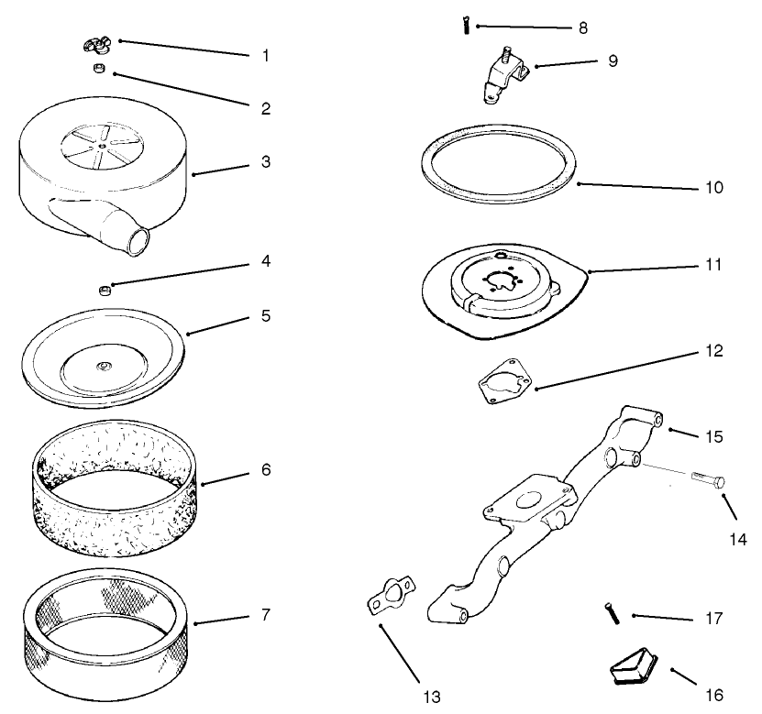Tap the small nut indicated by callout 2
tap(100, 69)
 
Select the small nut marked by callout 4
tap(105, 291)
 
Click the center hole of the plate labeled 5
tap(103, 366)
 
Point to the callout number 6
tap(266, 469)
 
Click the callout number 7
tap(265, 614)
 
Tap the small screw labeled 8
tap(466, 25)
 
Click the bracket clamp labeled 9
tap(505, 74)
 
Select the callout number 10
tap(714, 188)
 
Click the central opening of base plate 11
tap(501, 282)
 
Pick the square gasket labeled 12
tap(504, 381)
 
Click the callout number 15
tap(714, 436)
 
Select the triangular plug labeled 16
tap(635, 666)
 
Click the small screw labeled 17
tap(613, 613)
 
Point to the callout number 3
tap(266, 161)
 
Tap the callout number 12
tap(714, 351)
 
